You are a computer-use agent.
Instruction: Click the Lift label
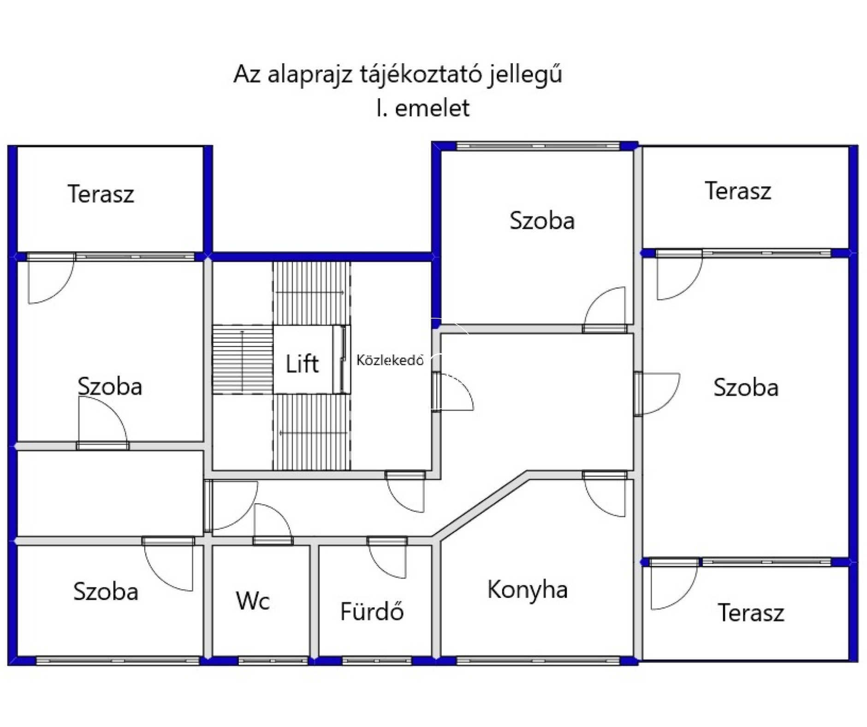(x=302, y=363)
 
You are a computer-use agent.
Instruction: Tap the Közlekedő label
(x=390, y=360)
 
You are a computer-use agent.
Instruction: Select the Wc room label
(x=253, y=601)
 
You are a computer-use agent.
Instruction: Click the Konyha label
(x=527, y=590)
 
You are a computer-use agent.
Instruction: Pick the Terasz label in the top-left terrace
(x=101, y=194)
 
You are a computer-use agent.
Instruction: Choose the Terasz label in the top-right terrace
(x=738, y=191)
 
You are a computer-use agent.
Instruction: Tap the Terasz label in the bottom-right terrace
(x=751, y=613)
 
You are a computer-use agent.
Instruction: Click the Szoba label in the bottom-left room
(x=106, y=591)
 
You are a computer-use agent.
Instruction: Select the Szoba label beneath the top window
(x=542, y=220)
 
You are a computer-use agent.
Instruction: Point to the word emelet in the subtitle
(x=432, y=108)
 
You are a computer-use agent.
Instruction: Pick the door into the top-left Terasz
(x=51, y=278)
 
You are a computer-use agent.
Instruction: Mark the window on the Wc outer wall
(x=273, y=661)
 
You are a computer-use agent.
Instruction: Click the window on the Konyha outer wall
(x=538, y=661)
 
